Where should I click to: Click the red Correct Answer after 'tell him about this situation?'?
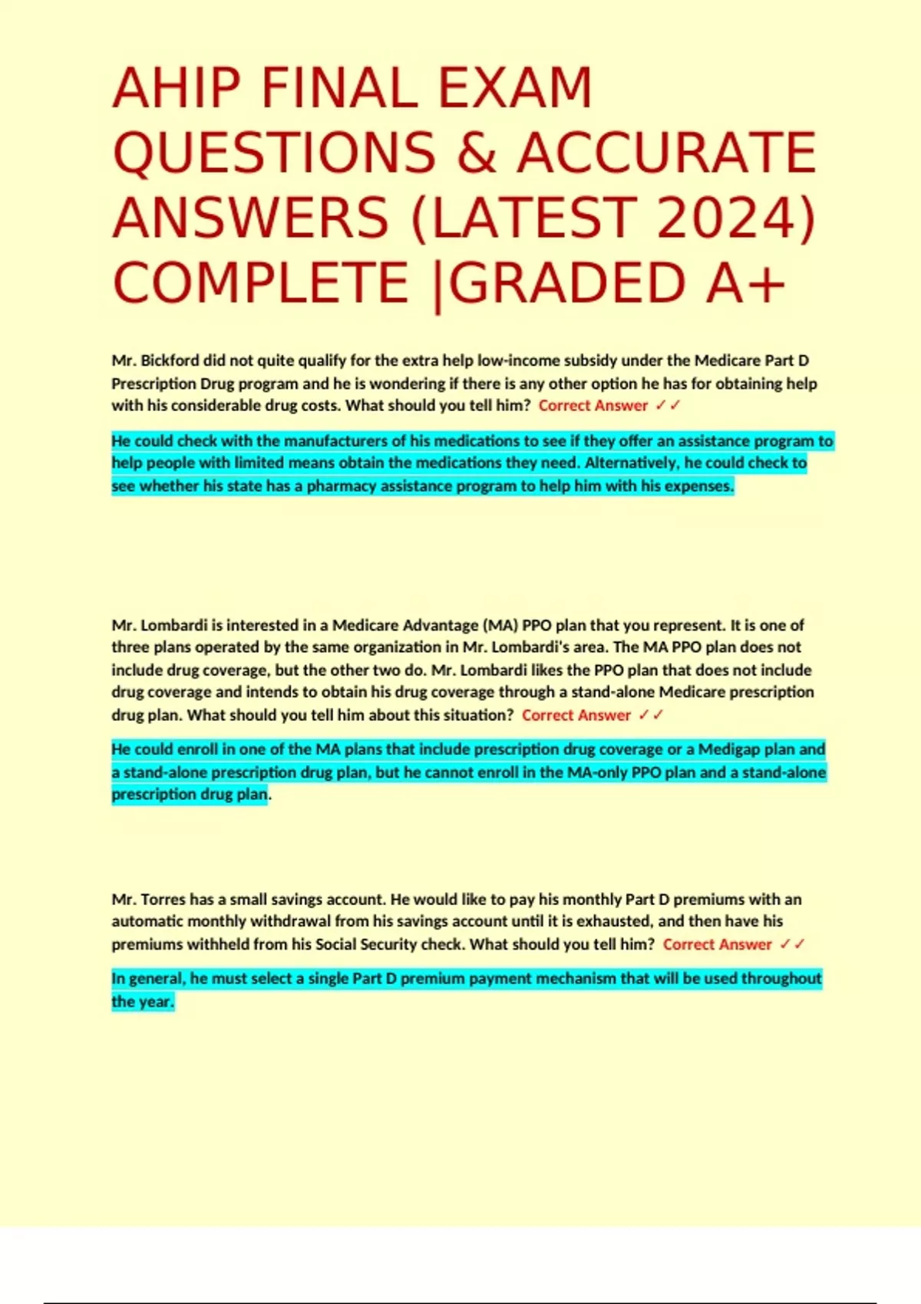[576, 715]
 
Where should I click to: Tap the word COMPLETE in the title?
[261, 282]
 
